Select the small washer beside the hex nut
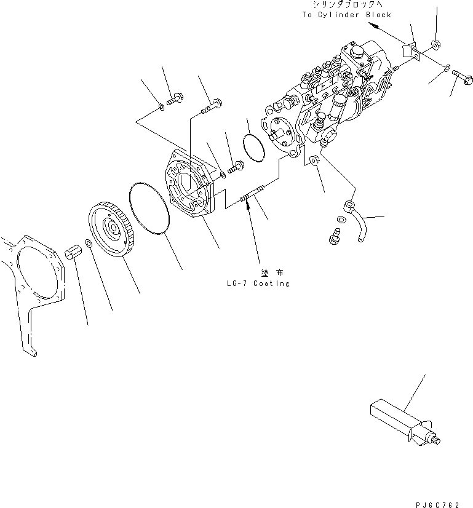[x=88, y=243]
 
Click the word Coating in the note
[x=271, y=284]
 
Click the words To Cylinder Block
[x=347, y=15]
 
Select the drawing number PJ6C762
[x=437, y=505]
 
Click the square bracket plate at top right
[x=411, y=51]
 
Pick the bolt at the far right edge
[x=463, y=77]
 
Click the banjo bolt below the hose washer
[x=335, y=236]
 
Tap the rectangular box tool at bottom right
[x=405, y=422]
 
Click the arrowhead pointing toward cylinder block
[x=373, y=26]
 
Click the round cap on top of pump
[x=356, y=52]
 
